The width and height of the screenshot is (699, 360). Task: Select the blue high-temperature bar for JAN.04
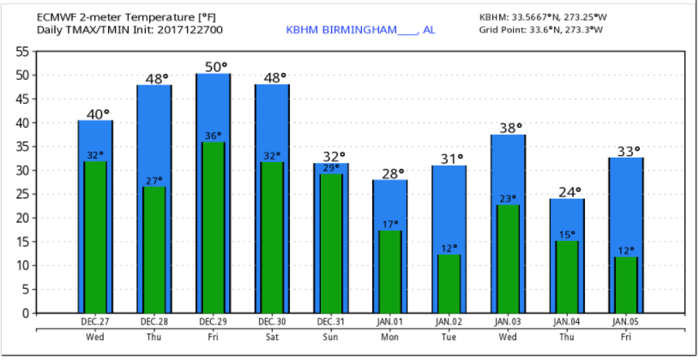(x=567, y=219)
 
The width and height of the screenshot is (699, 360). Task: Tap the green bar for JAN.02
(x=449, y=285)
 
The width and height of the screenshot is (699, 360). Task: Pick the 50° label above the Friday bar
(x=214, y=66)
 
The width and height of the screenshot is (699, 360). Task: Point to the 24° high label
(x=567, y=191)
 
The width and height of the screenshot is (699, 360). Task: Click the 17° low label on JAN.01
(x=390, y=225)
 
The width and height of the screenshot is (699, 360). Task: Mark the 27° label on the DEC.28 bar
(x=154, y=181)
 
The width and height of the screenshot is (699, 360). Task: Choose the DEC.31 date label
(x=331, y=321)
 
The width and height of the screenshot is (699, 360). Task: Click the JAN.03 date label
(x=508, y=321)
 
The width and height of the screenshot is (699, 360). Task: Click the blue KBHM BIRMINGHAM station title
(x=360, y=30)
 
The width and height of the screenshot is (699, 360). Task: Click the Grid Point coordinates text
(x=541, y=30)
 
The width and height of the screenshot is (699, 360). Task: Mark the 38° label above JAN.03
(x=509, y=128)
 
